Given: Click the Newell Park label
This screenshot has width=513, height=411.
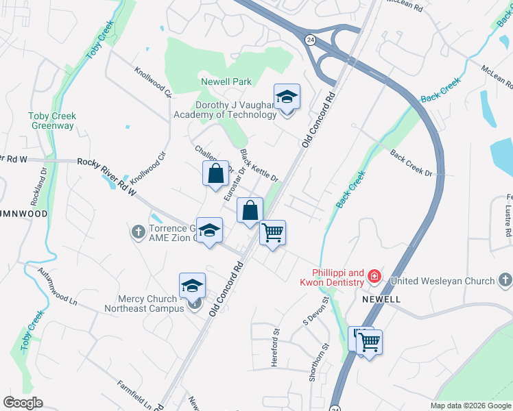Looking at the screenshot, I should coord(226,82).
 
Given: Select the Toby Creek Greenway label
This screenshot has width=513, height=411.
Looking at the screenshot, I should coord(53,121).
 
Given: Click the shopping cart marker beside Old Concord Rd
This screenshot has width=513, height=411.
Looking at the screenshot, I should coord(272,234).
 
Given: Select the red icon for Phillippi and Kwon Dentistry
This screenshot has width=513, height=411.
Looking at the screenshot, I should coord(374,277).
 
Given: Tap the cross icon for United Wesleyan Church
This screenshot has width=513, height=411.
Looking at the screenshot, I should coord(505,280).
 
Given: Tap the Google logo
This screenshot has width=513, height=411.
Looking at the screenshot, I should coord(23,403).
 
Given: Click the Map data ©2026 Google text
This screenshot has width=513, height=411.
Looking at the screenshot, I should coord(470,406).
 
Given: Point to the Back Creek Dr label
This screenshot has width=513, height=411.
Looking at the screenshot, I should coord(411,164).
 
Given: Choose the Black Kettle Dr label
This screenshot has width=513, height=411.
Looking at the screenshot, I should coord(259,166).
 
